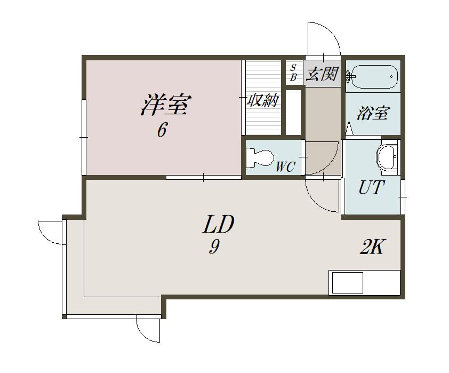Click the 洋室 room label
pos(166,105)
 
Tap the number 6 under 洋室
pos(162,130)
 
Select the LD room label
pos(218,224)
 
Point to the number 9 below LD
pos(214,247)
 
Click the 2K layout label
pos(371,247)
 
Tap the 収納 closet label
pos(263,100)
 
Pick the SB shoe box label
pos(293,73)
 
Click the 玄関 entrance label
pos(323,74)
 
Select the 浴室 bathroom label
pos(373,113)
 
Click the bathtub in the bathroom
pos(374,77)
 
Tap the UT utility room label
pos(371,187)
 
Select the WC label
pos(285,166)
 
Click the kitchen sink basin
pos(347,283)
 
